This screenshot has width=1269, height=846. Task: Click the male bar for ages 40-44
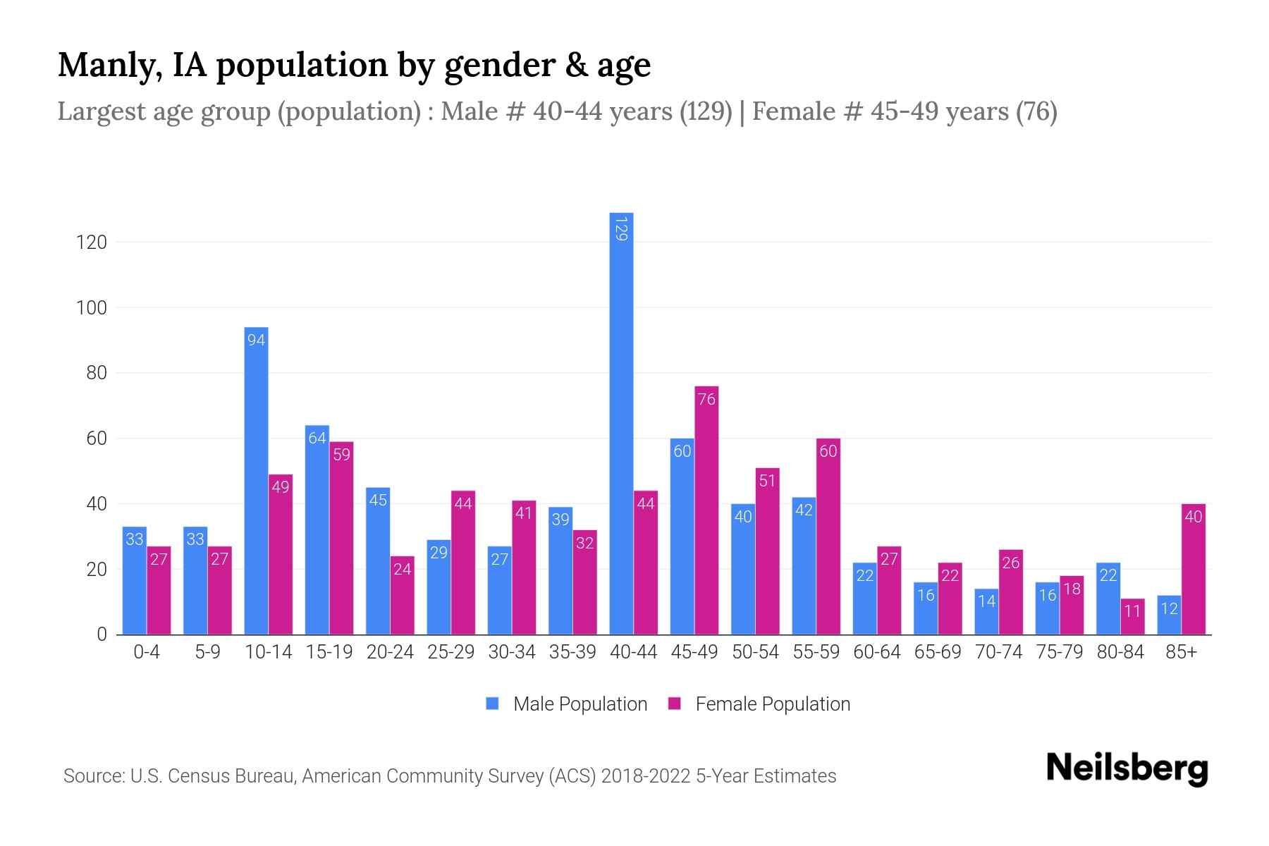tap(621, 437)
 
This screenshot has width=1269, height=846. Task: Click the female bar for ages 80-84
tap(1132, 619)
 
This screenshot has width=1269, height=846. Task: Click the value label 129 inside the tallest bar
tap(621, 228)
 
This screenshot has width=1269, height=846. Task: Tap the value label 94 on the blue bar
tap(256, 340)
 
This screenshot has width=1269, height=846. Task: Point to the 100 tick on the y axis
tap(91, 308)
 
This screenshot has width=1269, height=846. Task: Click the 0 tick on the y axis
tap(102, 634)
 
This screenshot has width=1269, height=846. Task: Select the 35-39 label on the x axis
tap(572, 652)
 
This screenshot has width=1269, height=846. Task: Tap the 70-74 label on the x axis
tap(998, 652)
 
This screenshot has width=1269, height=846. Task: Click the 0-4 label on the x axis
tap(147, 652)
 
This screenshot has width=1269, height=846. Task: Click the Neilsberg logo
tap(1127, 768)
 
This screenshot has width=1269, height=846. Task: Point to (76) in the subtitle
tap(1036, 111)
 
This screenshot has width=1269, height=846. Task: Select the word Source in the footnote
tap(93, 776)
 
